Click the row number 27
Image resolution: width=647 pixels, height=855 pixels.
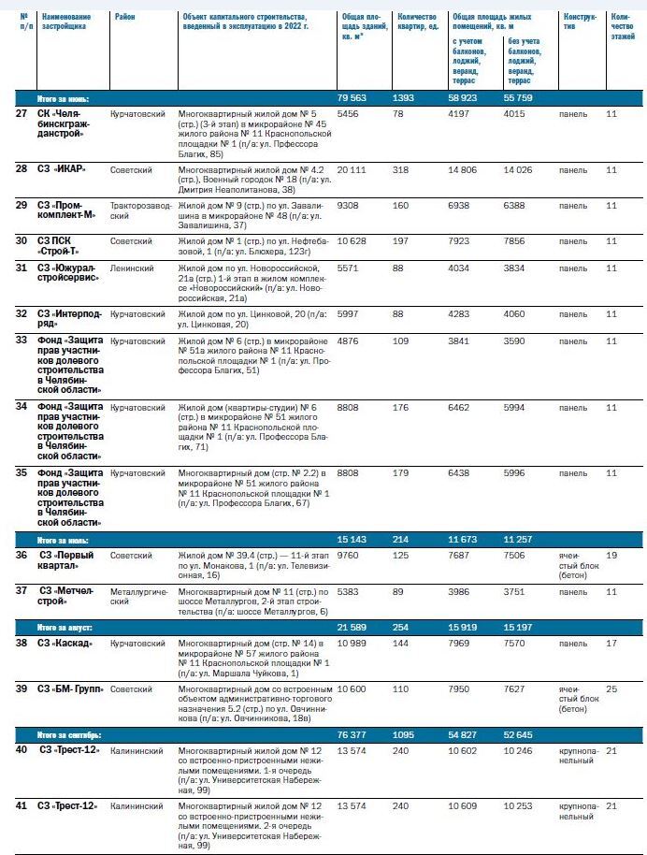pos(22,114)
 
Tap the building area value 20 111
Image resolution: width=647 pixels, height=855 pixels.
pos(352,169)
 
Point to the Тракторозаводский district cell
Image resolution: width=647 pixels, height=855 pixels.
pos(139,209)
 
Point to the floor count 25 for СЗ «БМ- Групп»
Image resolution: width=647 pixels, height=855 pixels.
pos(611,689)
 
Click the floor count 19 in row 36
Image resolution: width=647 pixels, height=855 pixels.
pos(611,555)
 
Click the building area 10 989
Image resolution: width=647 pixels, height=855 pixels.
pos(352,644)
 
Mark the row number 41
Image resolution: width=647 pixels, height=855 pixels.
pos(22,805)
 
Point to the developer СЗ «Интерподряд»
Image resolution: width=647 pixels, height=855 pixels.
pos(68,317)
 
